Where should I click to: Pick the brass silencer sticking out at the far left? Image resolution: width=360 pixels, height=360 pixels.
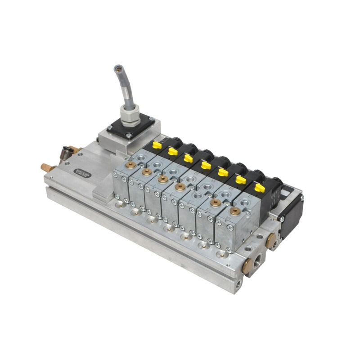pyautogui.click(x=46, y=168)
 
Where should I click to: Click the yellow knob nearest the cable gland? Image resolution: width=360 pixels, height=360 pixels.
pyautogui.click(x=157, y=145)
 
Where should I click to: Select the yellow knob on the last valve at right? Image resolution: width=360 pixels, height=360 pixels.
pyautogui.click(x=260, y=187)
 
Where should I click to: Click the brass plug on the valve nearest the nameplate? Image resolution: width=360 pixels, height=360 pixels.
pyautogui.click(x=132, y=165)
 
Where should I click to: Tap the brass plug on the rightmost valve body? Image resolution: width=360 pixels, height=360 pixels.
pyautogui.click(x=234, y=210)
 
